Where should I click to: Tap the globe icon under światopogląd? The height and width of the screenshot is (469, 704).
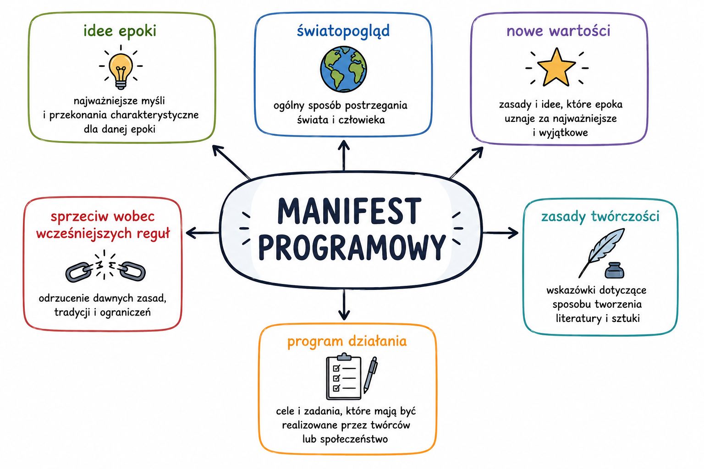[343, 69]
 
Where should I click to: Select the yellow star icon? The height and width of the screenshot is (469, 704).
[556, 67]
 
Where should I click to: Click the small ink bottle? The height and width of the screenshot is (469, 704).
[615, 270]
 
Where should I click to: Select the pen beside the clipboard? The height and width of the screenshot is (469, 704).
[370, 375]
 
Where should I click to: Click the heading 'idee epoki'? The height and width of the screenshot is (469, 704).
[120, 31]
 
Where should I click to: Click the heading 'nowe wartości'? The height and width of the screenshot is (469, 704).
[558, 31]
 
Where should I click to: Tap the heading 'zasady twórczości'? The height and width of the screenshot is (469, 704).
[600, 217]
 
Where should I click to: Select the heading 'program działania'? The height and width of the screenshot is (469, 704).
[347, 342]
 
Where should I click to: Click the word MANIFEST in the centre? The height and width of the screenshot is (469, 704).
[349, 211]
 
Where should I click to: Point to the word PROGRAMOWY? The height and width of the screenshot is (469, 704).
[352, 247]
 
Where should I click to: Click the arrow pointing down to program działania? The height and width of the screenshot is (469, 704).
[344, 305]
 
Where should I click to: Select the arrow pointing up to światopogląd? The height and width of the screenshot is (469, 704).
[344, 156]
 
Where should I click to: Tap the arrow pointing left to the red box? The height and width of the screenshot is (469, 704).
[203, 233]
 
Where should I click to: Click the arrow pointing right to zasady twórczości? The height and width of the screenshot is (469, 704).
[500, 233]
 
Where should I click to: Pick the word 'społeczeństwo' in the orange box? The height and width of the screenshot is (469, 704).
[354, 439]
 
